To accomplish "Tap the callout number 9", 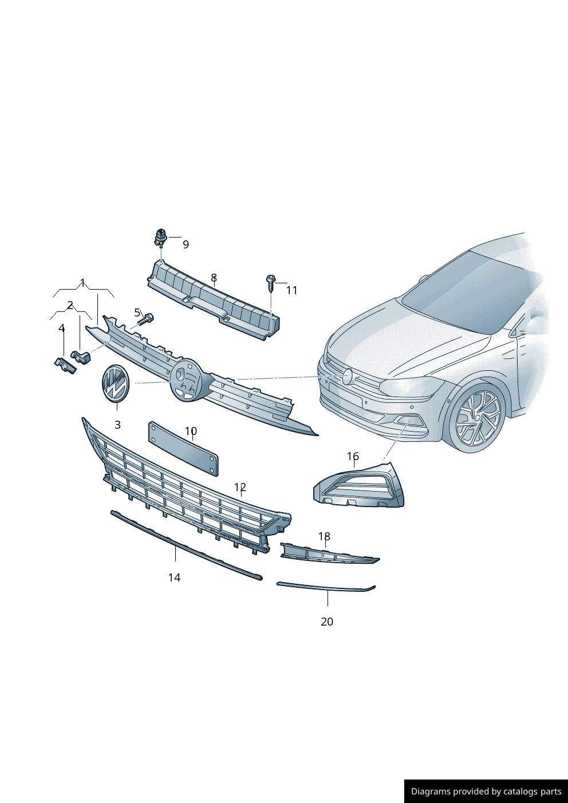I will click(x=186, y=244).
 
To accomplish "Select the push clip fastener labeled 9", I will click(x=161, y=237).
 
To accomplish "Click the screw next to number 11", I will click(x=271, y=282).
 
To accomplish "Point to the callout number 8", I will click(x=214, y=278).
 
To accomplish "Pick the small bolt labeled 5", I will click(x=147, y=318).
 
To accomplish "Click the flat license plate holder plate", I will click(x=183, y=449).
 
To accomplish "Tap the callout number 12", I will click(x=240, y=487).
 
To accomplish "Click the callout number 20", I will click(x=326, y=622).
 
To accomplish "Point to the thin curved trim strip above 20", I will click(x=325, y=587).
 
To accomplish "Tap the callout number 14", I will click(x=174, y=577).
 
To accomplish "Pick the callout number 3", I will click(x=117, y=425).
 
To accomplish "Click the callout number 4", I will click(x=61, y=329).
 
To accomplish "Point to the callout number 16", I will click(x=353, y=456).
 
